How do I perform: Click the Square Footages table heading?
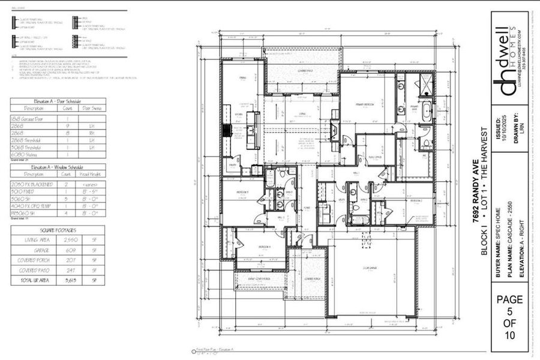[58, 230]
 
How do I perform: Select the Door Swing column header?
[92, 109]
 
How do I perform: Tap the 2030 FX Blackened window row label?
[31, 184]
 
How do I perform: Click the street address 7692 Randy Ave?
[475, 182]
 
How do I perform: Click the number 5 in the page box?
[509, 312]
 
